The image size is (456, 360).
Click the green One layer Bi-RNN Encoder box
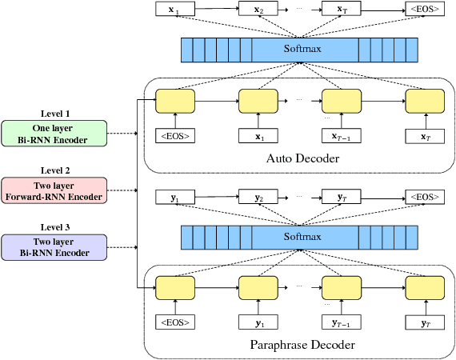54,134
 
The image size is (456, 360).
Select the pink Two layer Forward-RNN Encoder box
54,190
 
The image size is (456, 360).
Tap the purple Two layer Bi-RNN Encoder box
54,247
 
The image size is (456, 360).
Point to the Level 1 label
54,114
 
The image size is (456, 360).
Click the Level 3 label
54,227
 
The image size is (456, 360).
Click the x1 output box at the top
175,10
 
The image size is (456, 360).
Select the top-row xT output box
341,10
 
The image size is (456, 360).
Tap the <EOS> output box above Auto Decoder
423,10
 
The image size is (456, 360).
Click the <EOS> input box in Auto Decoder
175,136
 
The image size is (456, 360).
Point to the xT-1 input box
341,136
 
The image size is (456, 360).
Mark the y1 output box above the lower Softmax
175,197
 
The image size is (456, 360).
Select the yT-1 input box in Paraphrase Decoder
341,323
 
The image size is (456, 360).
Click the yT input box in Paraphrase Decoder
423,323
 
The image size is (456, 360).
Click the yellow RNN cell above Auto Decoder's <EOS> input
175,101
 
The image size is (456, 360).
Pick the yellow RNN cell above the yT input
423,288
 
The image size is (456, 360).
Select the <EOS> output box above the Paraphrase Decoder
423,197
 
